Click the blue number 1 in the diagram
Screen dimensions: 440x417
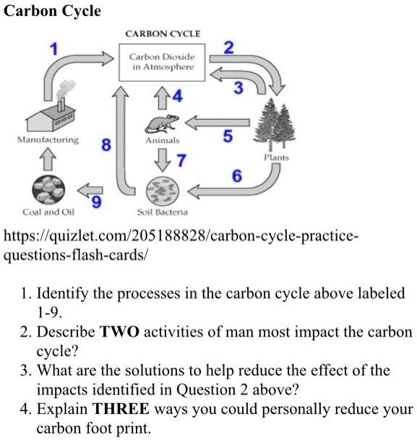pyautogui.click(x=52, y=49)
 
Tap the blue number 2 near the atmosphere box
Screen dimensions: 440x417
pyautogui.click(x=228, y=48)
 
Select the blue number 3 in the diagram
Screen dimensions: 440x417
pyautogui.click(x=239, y=87)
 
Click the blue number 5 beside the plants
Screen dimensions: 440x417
pyautogui.click(x=228, y=135)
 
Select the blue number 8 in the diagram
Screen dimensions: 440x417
pyautogui.click(x=106, y=144)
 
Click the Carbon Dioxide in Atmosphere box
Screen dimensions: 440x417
pyautogui.click(x=162, y=61)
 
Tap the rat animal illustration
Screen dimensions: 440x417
pyautogui.click(x=163, y=122)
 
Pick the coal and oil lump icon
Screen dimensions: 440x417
pyautogui.click(x=48, y=191)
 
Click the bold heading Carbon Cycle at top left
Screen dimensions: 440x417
pyautogui.click(x=53, y=12)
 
